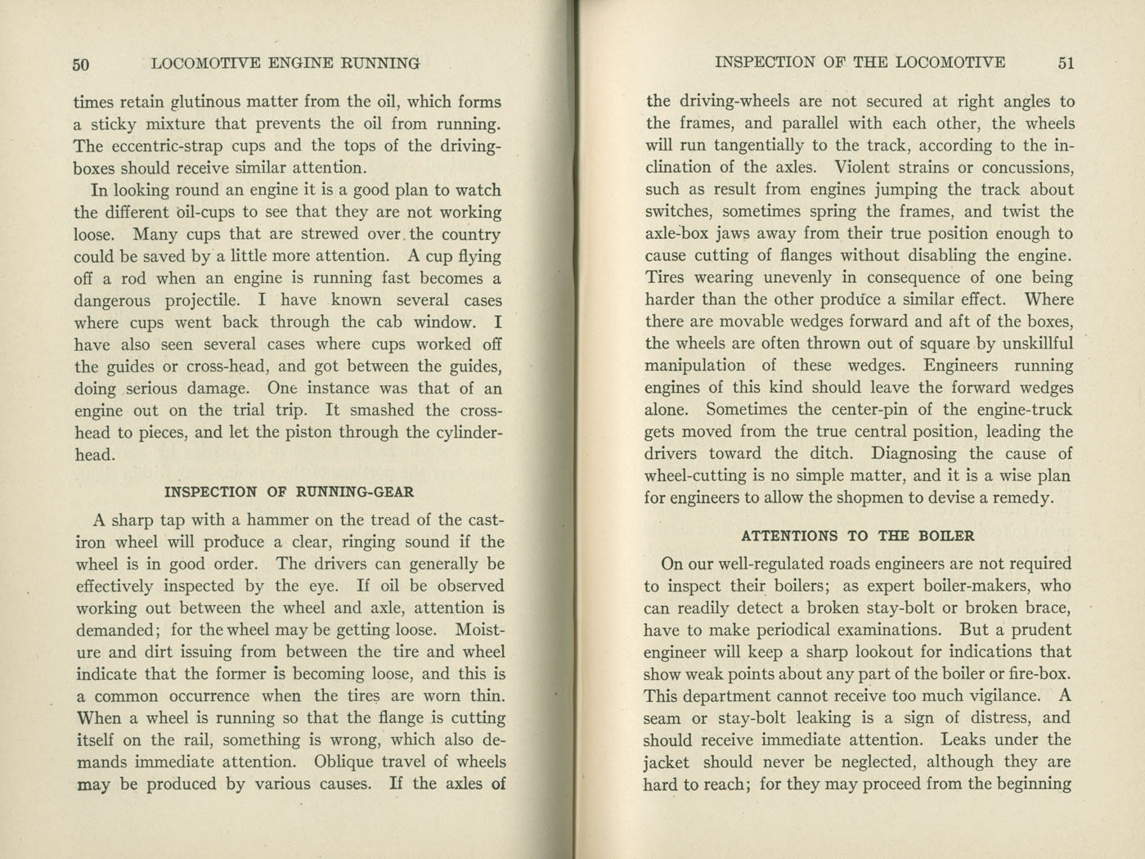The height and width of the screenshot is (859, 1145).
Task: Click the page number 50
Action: [x=80, y=64]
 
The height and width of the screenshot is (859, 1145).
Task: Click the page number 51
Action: [x=1065, y=63]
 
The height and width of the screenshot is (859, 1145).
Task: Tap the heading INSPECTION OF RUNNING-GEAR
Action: [x=290, y=492]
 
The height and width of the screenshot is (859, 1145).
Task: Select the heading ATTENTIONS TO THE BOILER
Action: [x=858, y=536]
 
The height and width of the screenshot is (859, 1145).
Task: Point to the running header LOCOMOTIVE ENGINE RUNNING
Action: [x=286, y=63]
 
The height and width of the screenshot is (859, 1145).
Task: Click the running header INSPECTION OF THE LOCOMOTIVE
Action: [x=860, y=62]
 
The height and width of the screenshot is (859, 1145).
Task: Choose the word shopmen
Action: [x=882, y=497]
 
